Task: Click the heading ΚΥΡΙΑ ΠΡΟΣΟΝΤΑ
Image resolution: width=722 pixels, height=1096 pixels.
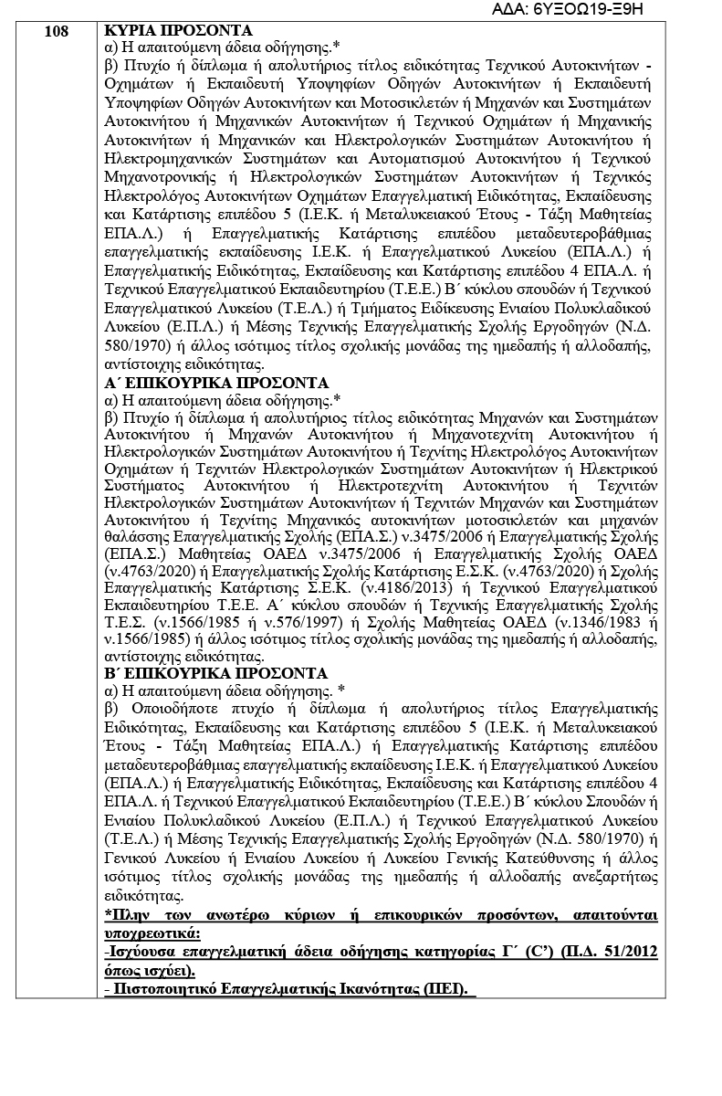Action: (179, 30)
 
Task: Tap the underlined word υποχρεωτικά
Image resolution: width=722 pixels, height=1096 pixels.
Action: (152, 934)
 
